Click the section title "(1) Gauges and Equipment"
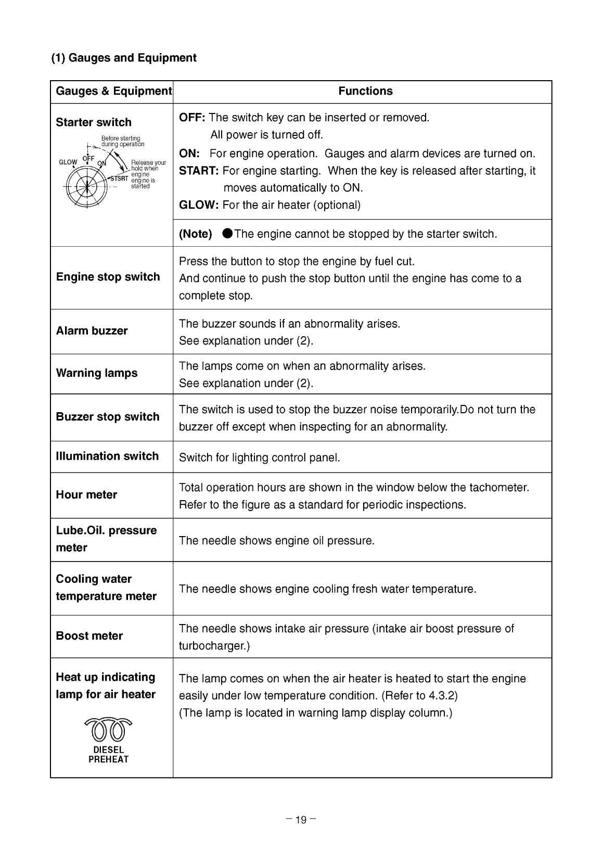(123, 58)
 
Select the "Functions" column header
(365, 91)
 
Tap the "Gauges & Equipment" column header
(113, 91)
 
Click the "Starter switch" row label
(94, 122)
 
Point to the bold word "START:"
(199, 171)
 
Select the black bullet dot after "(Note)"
(227, 234)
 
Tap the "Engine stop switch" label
(108, 277)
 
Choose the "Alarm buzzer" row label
(92, 331)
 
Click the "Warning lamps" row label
(97, 373)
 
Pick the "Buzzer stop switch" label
(108, 417)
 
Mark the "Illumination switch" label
(107, 456)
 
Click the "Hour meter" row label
(86, 494)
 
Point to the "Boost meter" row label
(89, 636)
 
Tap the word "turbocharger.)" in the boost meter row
(214, 646)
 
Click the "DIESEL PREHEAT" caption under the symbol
(109, 755)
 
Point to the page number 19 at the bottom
(301, 820)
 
